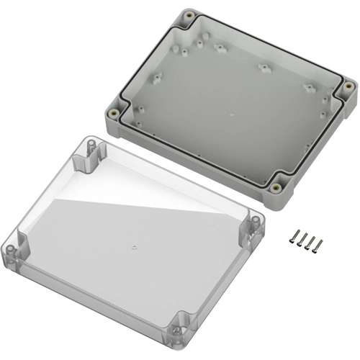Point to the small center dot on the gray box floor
click(230, 114)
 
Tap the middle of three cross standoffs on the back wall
click(264, 68)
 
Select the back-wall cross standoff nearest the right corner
click(310, 87)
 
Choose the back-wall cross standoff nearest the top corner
click(218, 48)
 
